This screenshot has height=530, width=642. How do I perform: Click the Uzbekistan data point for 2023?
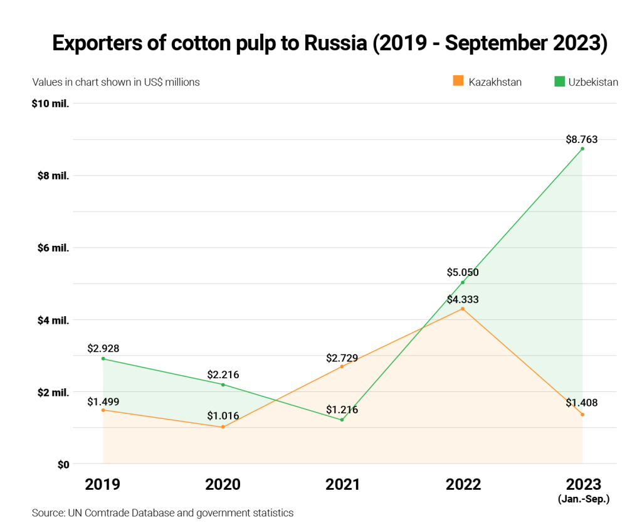pyautogui.click(x=582, y=149)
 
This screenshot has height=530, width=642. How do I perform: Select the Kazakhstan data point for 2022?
pyautogui.click(x=463, y=309)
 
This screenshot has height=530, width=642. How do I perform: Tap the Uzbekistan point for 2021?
pyautogui.click(x=342, y=420)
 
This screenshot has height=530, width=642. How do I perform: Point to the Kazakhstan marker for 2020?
pyautogui.click(x=223, y=427)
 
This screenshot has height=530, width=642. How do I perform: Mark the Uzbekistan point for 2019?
pyautogui.click(x=103, y=359)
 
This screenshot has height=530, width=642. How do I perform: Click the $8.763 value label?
pyautogui.click(x=582, y=139)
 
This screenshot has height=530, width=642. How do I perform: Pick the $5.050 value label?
pyautogui.click(x=463, y=272)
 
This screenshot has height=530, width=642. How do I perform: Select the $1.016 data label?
pyautogui.click(x=223, y=416)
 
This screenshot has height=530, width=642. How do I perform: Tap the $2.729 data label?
pyautogui.click(x=342, y=358)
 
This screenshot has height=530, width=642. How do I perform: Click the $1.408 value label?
pyautogui.click(x=582, y=403)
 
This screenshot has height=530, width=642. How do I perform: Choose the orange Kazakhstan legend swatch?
pyautogui.click(x=458, y=81)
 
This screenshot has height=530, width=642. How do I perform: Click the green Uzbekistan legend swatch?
pyautogui.click(x=560, y=81)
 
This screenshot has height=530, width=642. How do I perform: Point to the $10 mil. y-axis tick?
pyautogui.click(x=50, y=103)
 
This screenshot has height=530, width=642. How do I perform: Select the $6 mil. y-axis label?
pyautogui.click(x=53, y=248)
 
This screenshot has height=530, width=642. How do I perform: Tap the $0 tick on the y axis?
pyautogui.click(x=62, y=464)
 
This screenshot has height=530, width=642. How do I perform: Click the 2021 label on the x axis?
pyautogui.click(x=342, y=484)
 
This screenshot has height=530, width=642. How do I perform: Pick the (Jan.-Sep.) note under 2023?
pyautogui.click(x=583, y=499)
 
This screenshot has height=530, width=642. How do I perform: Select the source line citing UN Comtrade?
pyautogui.click(x=162, y=513)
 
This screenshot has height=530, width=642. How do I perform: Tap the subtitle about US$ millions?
pyautogui.click(x=116, y=82)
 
